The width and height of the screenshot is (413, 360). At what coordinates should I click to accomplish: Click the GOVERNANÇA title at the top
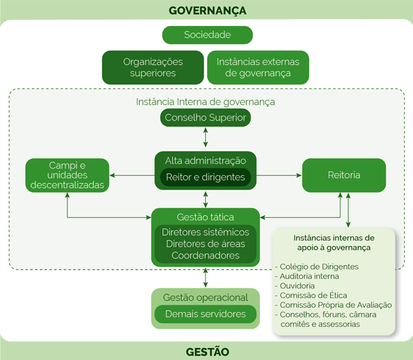(208, 11)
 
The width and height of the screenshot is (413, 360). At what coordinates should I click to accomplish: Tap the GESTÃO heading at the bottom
(208, 352)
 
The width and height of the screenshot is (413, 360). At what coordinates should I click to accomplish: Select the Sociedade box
(208, 35)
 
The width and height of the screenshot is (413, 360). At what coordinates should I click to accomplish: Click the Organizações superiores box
(153, 67)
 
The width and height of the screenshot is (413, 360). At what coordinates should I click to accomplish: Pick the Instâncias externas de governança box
(258, 67)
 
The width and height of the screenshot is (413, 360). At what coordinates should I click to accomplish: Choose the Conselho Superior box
(205, 118)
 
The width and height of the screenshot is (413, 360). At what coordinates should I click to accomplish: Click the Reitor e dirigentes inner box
(205, 178)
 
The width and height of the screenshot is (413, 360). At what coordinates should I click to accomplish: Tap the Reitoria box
(344, 175)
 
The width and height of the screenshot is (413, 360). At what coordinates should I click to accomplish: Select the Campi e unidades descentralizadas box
(67, 175)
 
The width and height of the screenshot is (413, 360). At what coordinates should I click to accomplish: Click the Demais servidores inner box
(205, 314)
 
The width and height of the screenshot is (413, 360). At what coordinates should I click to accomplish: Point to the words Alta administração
(205, 161)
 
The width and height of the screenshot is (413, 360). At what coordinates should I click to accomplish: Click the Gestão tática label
(205, 217)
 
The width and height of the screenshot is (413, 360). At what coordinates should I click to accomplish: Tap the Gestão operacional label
(205, 298)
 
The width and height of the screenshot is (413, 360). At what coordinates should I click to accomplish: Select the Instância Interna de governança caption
(205, 102)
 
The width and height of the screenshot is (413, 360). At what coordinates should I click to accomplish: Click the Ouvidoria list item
(295, 286)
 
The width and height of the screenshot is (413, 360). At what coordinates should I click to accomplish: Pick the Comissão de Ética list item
(311, 295)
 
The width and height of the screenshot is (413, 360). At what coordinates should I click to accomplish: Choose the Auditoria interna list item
(307, 277)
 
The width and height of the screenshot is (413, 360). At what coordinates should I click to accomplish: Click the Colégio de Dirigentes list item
(317, 267)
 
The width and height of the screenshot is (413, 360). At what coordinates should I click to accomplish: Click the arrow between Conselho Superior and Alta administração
(205, 137)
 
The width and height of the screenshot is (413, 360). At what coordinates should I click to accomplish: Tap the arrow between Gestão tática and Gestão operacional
(205, 278)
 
